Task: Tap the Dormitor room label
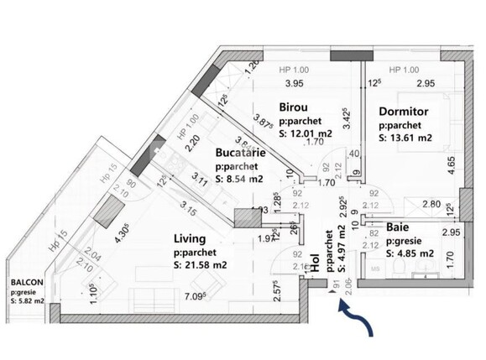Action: pyautogui.click(x=404, y=110)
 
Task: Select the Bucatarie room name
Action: pyautogui.click(x=243, y=154)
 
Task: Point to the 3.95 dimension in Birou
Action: pyautogui.click(x=293, y=83)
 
